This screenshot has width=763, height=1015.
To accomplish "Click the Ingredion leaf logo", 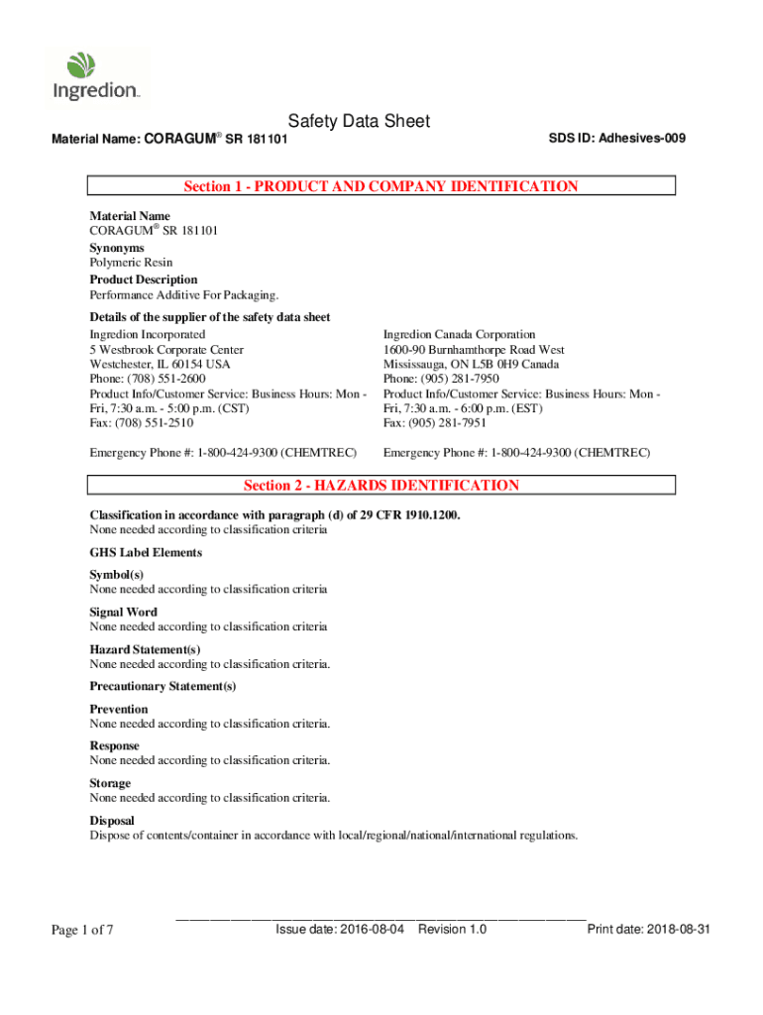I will click(x=81, y=66).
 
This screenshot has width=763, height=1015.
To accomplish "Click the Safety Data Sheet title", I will click(x=359, y=121).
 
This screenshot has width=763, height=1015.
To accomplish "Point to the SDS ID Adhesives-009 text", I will click(x=616, y=138).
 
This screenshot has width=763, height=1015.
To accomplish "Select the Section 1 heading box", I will click(x=381, y=186).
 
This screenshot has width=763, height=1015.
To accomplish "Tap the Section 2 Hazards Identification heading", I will click(x=381, y=486).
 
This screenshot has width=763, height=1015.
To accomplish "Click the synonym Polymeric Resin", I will click(x=131, y=263).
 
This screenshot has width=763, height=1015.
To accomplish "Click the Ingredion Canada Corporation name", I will click(x=459, y=335).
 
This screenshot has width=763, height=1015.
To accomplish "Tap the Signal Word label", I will click(x=123, y=612).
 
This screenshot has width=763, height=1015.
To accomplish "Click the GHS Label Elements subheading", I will click(x=146, y=552).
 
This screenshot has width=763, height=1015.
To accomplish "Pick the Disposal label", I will click(x=112, y=821).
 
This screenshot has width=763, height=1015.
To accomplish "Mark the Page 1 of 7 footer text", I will click(x=82, y=930).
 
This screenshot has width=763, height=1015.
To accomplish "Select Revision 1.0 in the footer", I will click(x=452, y=930).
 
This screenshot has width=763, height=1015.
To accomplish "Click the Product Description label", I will click(x=144, y=280).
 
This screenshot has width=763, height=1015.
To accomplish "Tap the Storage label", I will click(x=110, y=783).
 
